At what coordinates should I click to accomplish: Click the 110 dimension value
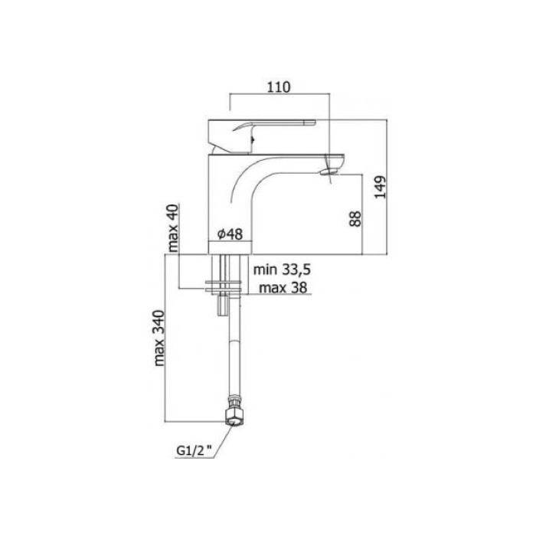[279, 87]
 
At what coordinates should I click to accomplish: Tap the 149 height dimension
[380, 187]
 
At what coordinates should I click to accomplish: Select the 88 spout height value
[355, 219]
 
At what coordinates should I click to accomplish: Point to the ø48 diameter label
[230, 234]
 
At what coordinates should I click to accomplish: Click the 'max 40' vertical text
[173, 228]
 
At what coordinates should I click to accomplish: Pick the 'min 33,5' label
[282, 270]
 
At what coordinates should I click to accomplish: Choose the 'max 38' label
[283, 288]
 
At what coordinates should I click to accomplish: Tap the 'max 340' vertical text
[159, 338]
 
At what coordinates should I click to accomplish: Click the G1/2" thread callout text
[194, 451]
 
